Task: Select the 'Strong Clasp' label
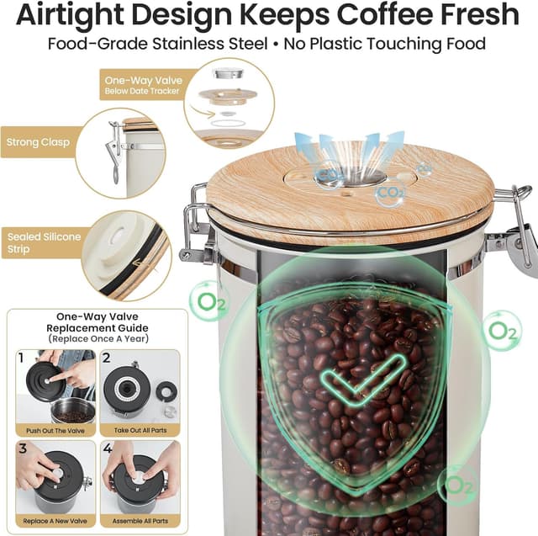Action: tap(38, 142)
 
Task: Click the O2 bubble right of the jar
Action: tap(501, 329)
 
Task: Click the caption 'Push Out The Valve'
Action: tap(54, 429)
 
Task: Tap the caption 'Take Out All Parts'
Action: tap(140, 429)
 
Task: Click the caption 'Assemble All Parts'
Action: tap(140, 521)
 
